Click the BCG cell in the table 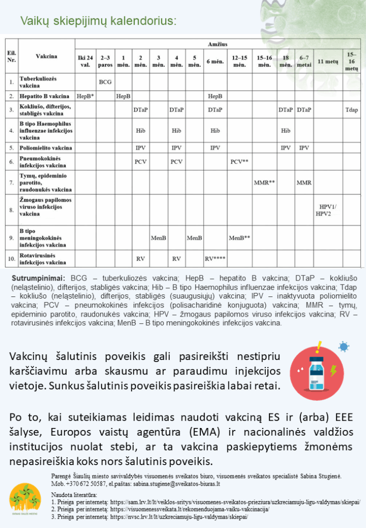(105, 81)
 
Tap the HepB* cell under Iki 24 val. (85, 96)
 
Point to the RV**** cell (215, 258)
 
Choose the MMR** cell (264, 183)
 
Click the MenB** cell (240, 238)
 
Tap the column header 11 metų (328, 61)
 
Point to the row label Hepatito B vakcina (44, 96)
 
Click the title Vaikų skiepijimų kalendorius (98, 21)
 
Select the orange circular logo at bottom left (25, 501)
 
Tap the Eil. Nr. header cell (11, 57)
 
